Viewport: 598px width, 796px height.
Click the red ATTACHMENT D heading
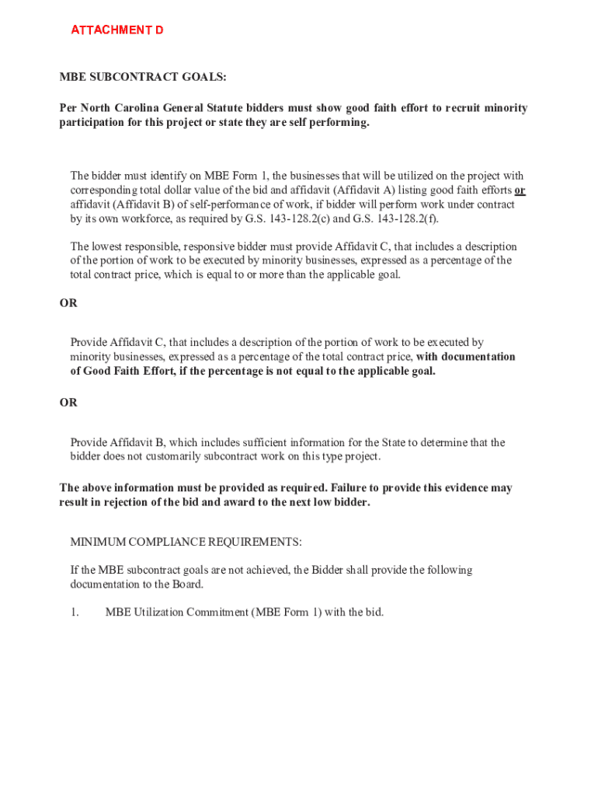coord(117,30)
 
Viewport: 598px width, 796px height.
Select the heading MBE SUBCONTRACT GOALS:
coord(143,77)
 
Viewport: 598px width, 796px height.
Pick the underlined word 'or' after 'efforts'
coord(520,190)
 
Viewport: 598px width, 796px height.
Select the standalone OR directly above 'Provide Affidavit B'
coord(68,403)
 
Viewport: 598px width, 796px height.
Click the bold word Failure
coord(351,488)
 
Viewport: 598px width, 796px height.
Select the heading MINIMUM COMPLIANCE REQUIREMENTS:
coord(186,542)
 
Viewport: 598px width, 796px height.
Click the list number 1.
coord(75,612)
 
